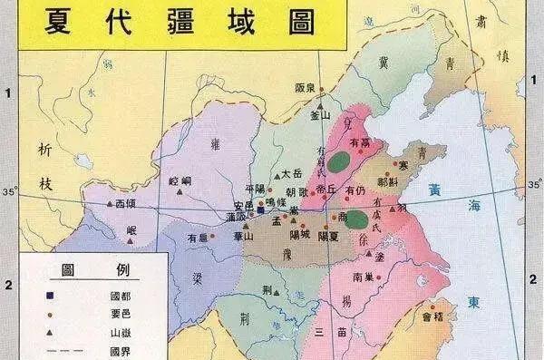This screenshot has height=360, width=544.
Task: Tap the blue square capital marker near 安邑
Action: tap(260, 209)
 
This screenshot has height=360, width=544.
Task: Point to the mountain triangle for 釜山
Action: tap(320, 104)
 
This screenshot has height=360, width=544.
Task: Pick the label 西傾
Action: tap(125, 204)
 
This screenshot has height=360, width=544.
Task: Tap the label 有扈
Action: tap(198, 237)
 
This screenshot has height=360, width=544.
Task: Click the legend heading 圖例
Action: tap(95, 270)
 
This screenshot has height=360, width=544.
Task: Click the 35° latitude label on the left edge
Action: tap(10, 192)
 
